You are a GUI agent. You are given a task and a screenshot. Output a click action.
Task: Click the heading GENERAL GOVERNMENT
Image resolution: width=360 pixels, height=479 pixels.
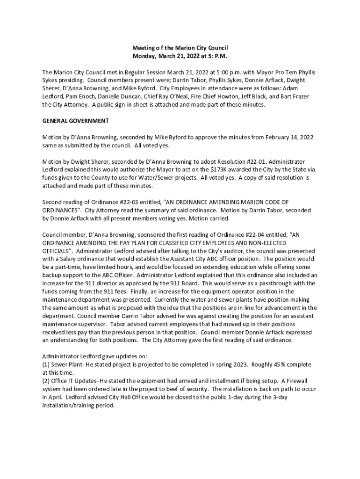coord(75,121)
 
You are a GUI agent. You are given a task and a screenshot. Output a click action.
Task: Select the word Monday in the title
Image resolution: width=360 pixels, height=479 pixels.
coord(144,56)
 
